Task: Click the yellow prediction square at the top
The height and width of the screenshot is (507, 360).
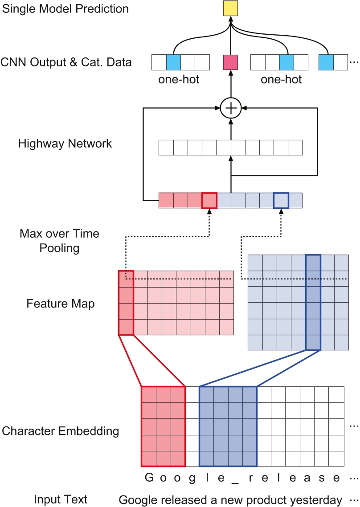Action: click(231, 8)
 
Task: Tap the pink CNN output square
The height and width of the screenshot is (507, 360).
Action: click(230, 62)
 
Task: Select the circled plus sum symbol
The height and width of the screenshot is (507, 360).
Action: click(230, 107)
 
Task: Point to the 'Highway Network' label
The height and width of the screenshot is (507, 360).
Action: click(65, 143)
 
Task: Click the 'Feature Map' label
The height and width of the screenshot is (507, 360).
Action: click(61, 304)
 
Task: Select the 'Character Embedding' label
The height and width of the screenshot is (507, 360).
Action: click(61, 431)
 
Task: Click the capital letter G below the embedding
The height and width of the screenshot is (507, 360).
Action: click(148, 478)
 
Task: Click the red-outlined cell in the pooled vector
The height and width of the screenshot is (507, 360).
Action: click(209, 200)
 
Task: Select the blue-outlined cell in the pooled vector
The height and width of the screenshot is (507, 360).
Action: click(281, 200)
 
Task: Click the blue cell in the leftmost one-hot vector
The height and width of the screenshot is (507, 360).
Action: click(173, 62)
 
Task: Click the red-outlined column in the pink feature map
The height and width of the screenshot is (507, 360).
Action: click(126, 302)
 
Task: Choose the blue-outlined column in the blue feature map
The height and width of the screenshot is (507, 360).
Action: click(313, 302)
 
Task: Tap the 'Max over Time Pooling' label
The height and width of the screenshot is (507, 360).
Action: click(59, 240)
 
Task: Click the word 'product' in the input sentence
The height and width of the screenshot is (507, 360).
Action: click(259, 499)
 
